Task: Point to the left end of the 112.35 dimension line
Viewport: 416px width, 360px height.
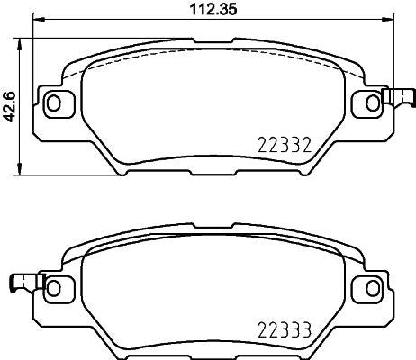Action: click(x=33, y=23)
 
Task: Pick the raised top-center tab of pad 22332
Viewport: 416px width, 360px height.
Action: click(x=209, y=39)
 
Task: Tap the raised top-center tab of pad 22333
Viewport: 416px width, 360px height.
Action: click(x=209, y=223)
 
